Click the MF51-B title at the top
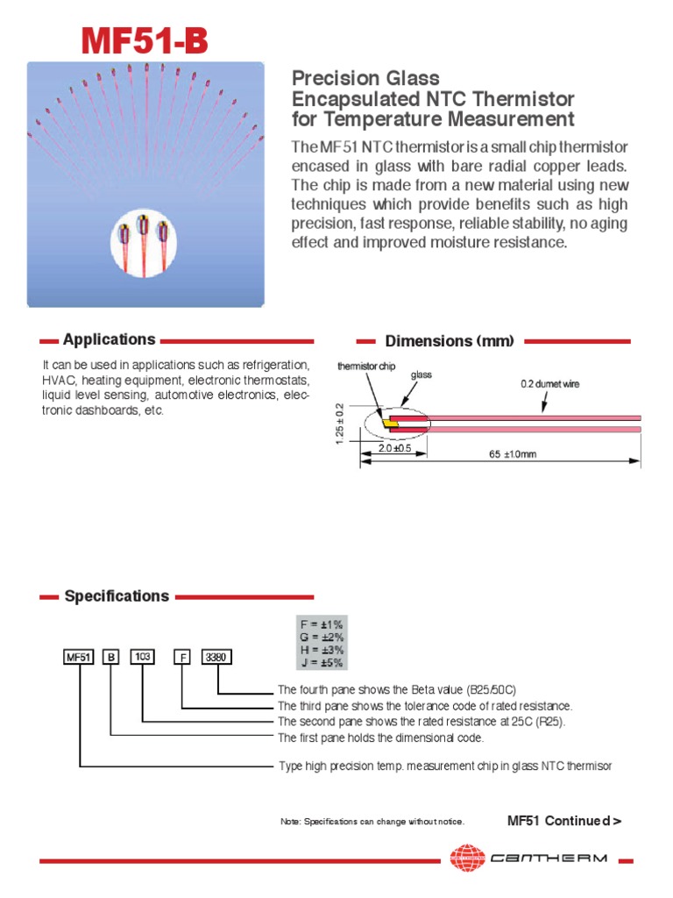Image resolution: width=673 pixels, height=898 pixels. click(145, 40)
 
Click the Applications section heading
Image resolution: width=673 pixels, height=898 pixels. click(109, 339)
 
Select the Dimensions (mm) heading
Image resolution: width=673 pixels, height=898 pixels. click(450, 341)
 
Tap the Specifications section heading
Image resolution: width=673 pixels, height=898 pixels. click(117, 596)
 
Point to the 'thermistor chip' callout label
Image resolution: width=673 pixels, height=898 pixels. click(366, 366)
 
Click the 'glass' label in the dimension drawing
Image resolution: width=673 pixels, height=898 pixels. click(422, 374)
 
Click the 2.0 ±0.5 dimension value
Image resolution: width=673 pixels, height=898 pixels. click(395, 448)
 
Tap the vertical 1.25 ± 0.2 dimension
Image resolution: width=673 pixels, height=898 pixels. click(341, 424)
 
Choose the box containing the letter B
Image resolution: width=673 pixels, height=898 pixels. click(111, 656)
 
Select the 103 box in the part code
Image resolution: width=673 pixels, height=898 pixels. click(142, 656)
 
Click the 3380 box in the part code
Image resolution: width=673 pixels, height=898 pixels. click(217, 656)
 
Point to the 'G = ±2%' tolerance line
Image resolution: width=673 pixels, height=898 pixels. click(322, 638)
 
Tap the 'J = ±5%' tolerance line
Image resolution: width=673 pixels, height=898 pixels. click(322, 662)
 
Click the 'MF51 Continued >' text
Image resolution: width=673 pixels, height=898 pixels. click(564, 821)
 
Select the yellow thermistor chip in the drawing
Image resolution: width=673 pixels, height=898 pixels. click(392, 424)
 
